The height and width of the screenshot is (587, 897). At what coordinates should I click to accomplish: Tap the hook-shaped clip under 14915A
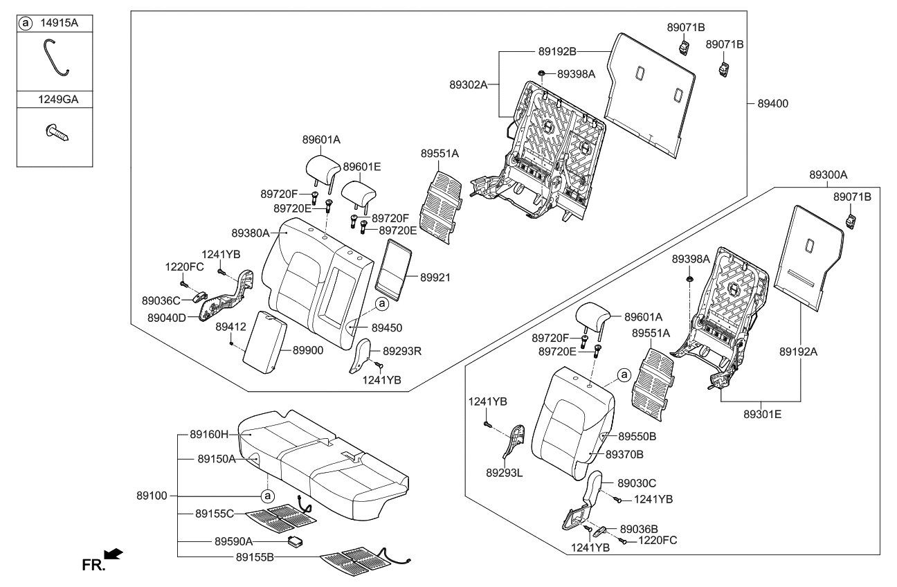point(55,57)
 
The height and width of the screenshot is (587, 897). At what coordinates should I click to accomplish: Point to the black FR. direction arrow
point(113,553)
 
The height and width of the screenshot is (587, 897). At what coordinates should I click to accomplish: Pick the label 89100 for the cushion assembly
point(153,496)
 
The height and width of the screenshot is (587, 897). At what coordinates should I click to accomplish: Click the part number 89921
point(435,278)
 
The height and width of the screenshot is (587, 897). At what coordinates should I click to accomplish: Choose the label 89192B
point(557,51)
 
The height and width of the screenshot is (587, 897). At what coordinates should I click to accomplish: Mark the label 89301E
point(763,413)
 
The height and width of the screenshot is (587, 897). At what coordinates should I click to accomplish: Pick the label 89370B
point(625,454)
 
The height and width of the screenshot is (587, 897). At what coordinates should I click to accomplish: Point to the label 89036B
point(639,528)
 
